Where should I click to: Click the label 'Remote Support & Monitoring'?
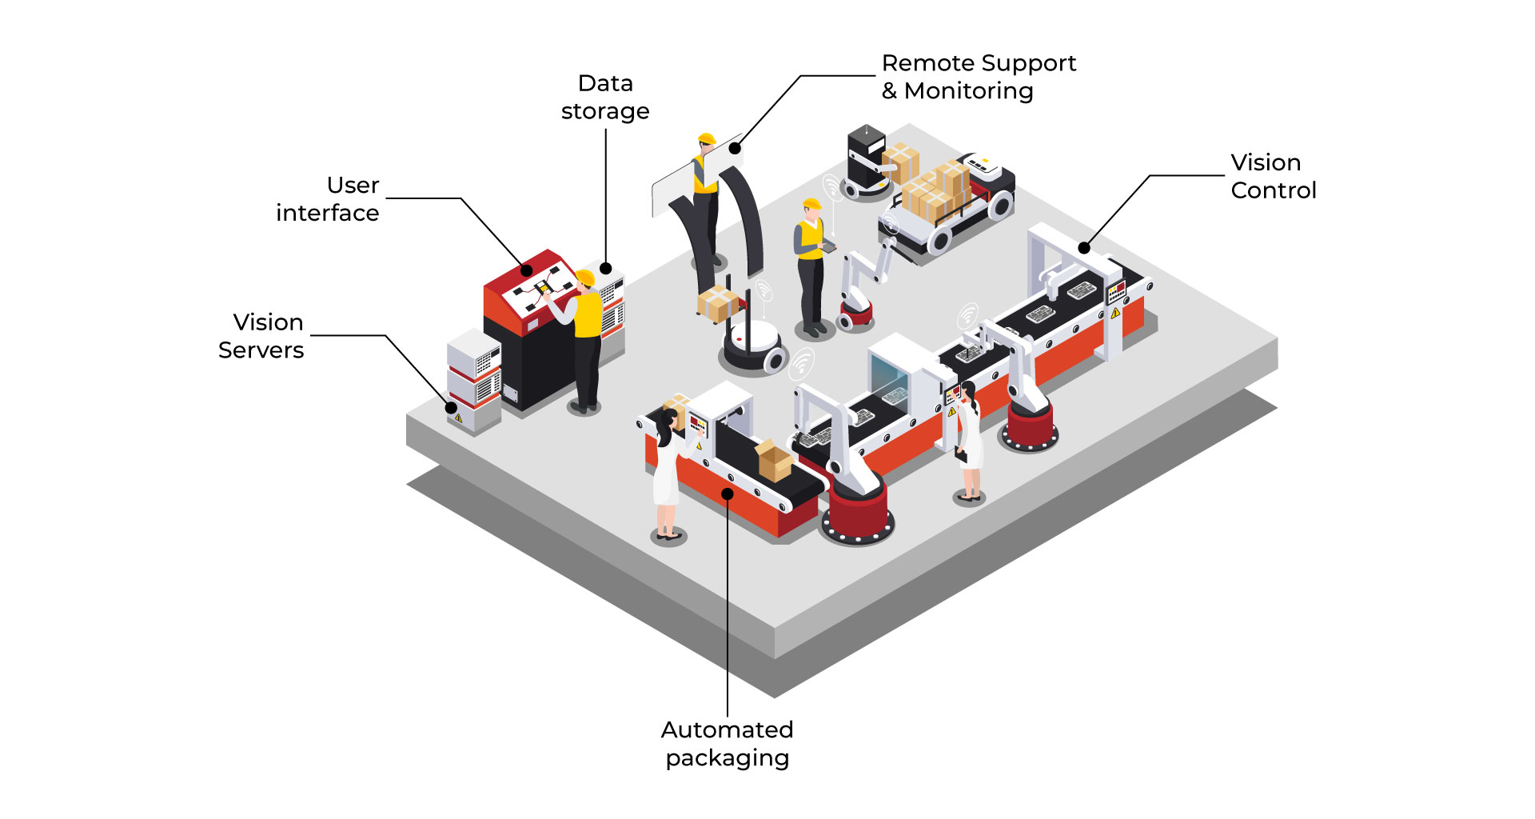click(x=978, y=77)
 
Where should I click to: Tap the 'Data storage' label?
click(x=605, y=97)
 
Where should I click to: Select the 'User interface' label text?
click(x=329, y=199)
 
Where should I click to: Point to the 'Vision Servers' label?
click(x=261, y=336)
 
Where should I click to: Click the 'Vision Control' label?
click(x=1273, y=176)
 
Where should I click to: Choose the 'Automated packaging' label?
click(x=727, y=743)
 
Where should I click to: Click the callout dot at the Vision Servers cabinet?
click(x=451, y=407)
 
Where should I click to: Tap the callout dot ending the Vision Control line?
click(x=1084, y=248)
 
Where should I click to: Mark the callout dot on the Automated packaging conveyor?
click(x=728, y=493)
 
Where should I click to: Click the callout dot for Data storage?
click(x=606, y=269)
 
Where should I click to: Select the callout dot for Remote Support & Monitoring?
click(x=735, y=148)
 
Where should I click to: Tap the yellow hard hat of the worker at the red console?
click(x=585, y=278)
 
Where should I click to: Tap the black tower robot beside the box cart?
click(x=866, y=160)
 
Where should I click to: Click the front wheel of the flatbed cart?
click(x=940, y=239)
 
